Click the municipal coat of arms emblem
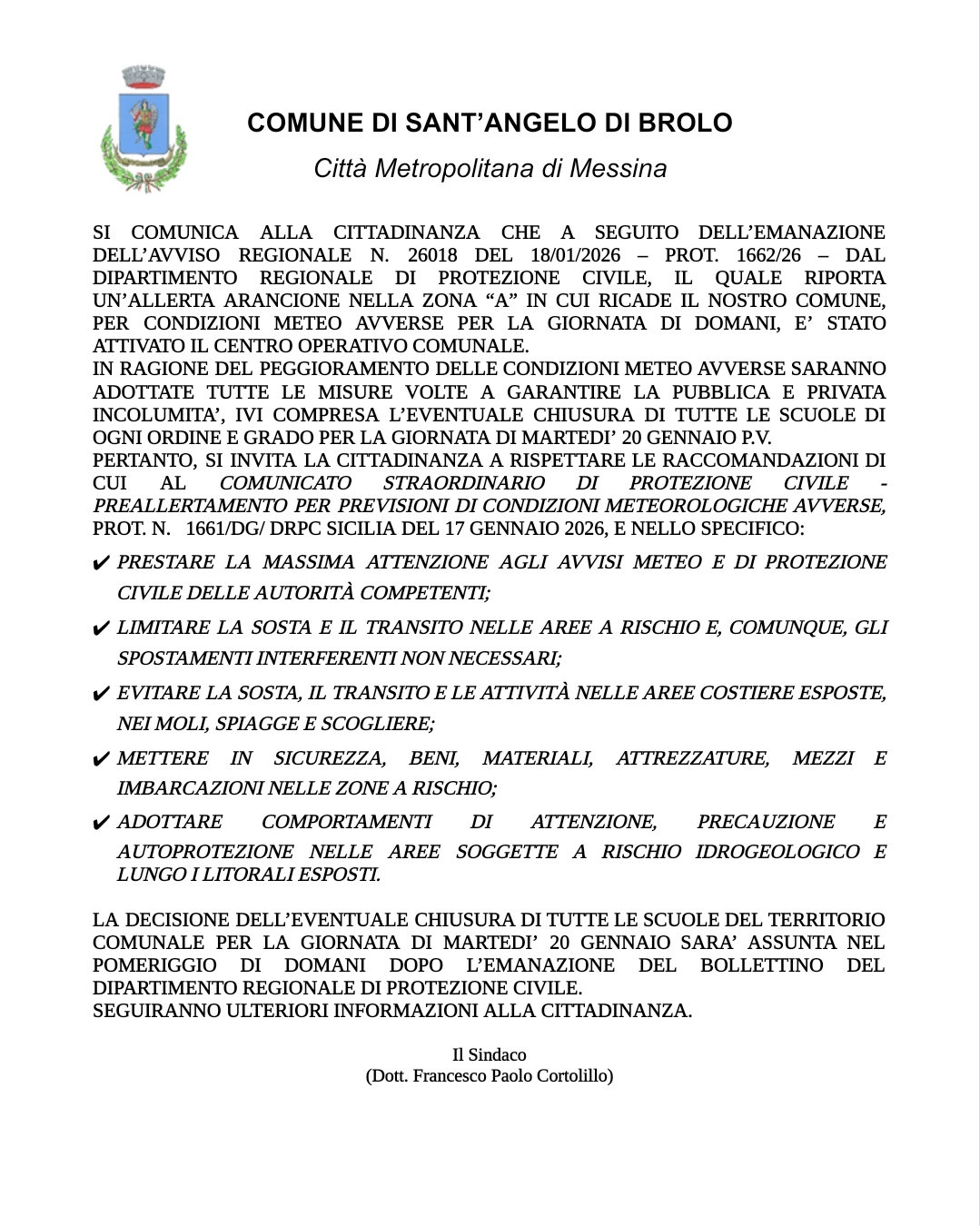144,127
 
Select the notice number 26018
432,255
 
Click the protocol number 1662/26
768,255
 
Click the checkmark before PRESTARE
102,564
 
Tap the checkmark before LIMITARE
102,629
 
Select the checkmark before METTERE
102,760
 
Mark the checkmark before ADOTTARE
102,824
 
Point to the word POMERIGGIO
154,965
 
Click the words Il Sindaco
490,1054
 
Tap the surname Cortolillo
569,1076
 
